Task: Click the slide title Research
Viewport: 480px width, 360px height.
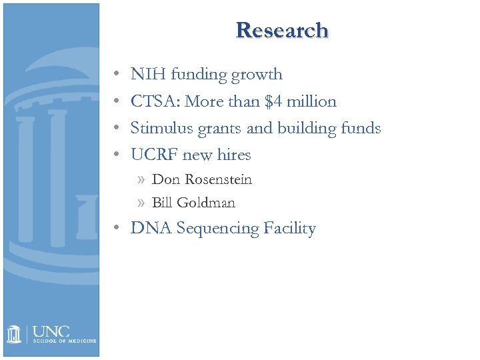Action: coord(282,31)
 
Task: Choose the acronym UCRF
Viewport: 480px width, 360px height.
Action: coord(155,155)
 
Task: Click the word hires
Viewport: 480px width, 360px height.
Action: coord(233,155)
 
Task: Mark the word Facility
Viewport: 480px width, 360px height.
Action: coord(289,229)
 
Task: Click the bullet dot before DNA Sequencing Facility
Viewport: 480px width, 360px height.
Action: coord(116,229)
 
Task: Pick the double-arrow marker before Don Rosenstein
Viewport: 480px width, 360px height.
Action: coord(139,180)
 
